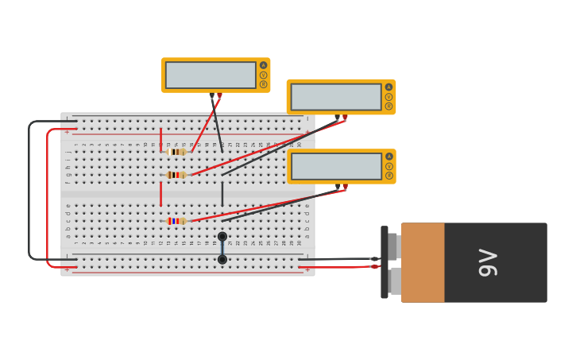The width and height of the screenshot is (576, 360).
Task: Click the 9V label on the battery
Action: click(x=488, y=262)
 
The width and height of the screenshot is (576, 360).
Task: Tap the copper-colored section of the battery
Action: click(x=423, y=262)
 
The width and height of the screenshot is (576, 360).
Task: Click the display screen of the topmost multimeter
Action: click(x=211, y=75)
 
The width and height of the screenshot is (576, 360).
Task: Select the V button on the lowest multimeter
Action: click(x=389, y=166)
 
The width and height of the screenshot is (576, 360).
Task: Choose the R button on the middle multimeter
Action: click(x=389, y=106)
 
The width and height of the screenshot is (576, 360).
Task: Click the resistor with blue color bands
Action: click(x=176, y=221)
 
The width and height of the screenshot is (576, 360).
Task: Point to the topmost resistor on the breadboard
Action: click(x=176, y=152)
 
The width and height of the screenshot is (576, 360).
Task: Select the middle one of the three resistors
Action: click(x=176, y=175)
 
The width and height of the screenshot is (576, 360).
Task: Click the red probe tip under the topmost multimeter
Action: click(x=219, y=96)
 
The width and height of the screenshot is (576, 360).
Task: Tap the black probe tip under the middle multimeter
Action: click(x=337, y=118)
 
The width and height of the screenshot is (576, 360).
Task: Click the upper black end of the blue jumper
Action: click(x=222, y=236)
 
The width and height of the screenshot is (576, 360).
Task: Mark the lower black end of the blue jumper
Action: click(x=222, y=259)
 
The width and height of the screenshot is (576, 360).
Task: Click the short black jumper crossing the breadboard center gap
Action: click(x=222, y=193)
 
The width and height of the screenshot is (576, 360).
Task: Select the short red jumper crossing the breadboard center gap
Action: click(x=160, y=193)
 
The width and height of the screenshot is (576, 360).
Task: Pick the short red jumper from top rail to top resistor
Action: click(x=160, y=139)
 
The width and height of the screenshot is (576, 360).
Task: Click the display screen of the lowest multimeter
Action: click(x=336, y=166)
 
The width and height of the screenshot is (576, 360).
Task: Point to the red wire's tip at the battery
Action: click(x=374, y=266)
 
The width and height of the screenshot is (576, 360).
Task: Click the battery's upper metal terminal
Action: click(x=392, y=246)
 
